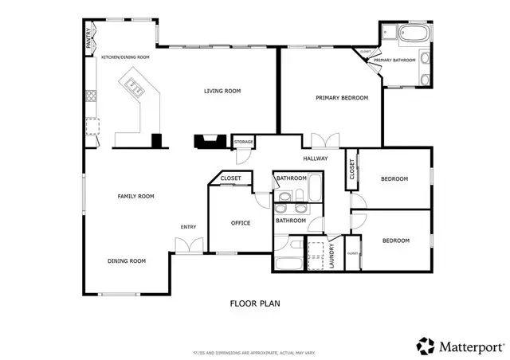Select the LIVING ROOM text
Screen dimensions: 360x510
(x=222, y=92)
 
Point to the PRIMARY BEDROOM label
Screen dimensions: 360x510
(x=342, y=98)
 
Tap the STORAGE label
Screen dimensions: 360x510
(x=244, y=142)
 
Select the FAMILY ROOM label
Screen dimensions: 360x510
(x=135, y=196)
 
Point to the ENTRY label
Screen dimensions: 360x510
(x=188, y=227)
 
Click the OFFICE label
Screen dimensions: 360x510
(x=240, y=223)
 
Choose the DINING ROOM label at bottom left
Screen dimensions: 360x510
(x=127, y=260)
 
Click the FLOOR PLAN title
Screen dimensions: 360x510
(x=255, y=303)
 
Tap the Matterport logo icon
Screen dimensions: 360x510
(x=426, y=346)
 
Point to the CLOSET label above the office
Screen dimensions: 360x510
(x=230, y=178)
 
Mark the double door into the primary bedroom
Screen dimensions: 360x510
(x=321, y=142)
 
